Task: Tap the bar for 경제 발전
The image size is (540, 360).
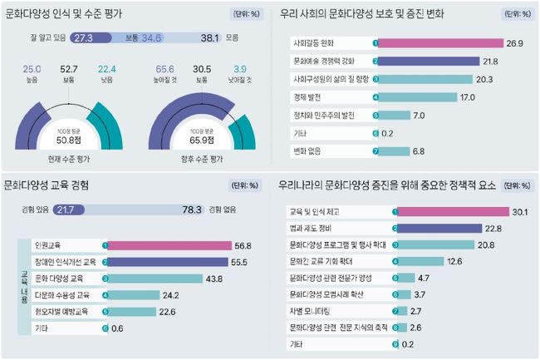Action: point(420,97)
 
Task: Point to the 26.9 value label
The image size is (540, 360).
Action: point(517,43)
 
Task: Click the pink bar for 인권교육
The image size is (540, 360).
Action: point(170,245)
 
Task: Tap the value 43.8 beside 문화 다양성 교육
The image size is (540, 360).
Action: point(214,278)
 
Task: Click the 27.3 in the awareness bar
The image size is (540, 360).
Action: point(83,38)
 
